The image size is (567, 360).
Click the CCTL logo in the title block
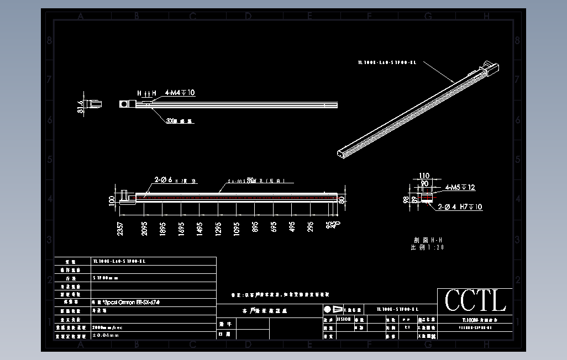475,301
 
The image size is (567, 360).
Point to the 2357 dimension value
120,229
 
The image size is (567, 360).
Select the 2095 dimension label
144,229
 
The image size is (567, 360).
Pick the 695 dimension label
273,227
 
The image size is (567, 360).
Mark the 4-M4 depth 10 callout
180,93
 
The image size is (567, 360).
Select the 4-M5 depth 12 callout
460,187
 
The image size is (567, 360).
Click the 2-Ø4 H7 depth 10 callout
460,207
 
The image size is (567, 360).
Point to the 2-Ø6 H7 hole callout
171,180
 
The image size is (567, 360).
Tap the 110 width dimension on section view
424,176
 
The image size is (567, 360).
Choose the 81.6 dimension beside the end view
81,105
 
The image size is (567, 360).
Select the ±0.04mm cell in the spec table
106,335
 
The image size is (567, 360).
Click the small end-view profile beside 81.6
95,103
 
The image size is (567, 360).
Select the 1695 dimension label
181,229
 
